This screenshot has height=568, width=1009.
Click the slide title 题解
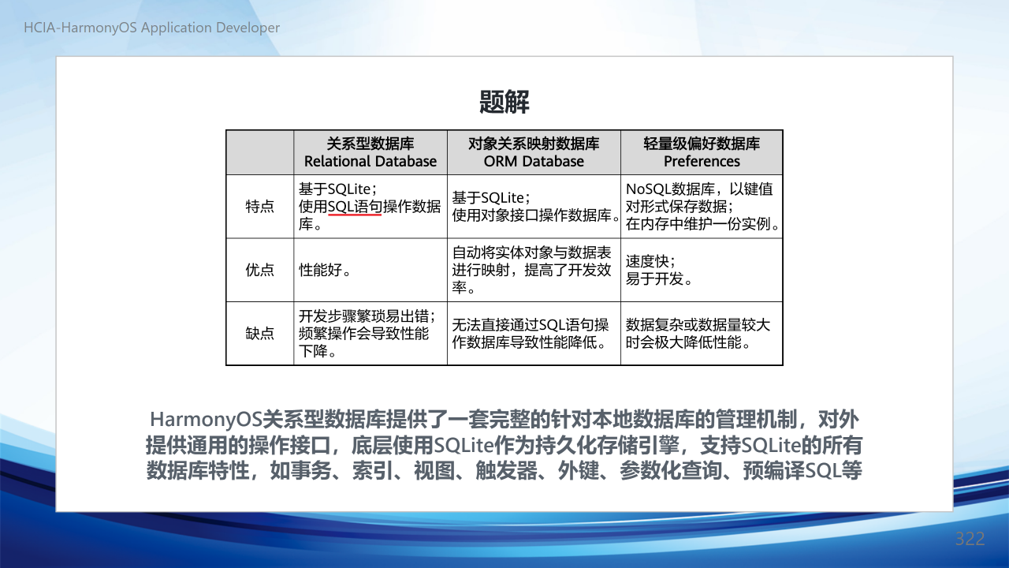[504, 102]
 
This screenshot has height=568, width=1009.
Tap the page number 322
[970, 539]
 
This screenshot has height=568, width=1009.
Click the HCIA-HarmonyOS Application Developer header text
[152, 28]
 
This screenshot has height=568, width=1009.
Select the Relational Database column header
[370, 152]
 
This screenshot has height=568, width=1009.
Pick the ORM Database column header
[534, 152]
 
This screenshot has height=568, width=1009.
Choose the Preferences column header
[702, 152]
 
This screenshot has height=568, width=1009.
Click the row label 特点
[260, 207]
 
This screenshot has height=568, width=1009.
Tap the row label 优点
[260, 270]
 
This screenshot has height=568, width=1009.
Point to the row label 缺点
[260, 334]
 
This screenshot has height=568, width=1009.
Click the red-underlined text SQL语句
[355, 207]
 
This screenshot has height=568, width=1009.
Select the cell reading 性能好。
[370, 270]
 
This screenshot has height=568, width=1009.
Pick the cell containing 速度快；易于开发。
[702, 270]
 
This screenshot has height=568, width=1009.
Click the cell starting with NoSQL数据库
[702, 207]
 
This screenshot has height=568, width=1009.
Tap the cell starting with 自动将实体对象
[534, 270]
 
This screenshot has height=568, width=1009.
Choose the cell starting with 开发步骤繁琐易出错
[370, 334]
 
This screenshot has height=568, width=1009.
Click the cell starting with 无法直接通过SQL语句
[534, 334]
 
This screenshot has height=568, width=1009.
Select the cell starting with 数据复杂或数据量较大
[702, 334]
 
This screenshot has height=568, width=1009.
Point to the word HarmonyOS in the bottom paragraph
[206, 420]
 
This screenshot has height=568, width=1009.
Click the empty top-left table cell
[260, 152]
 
